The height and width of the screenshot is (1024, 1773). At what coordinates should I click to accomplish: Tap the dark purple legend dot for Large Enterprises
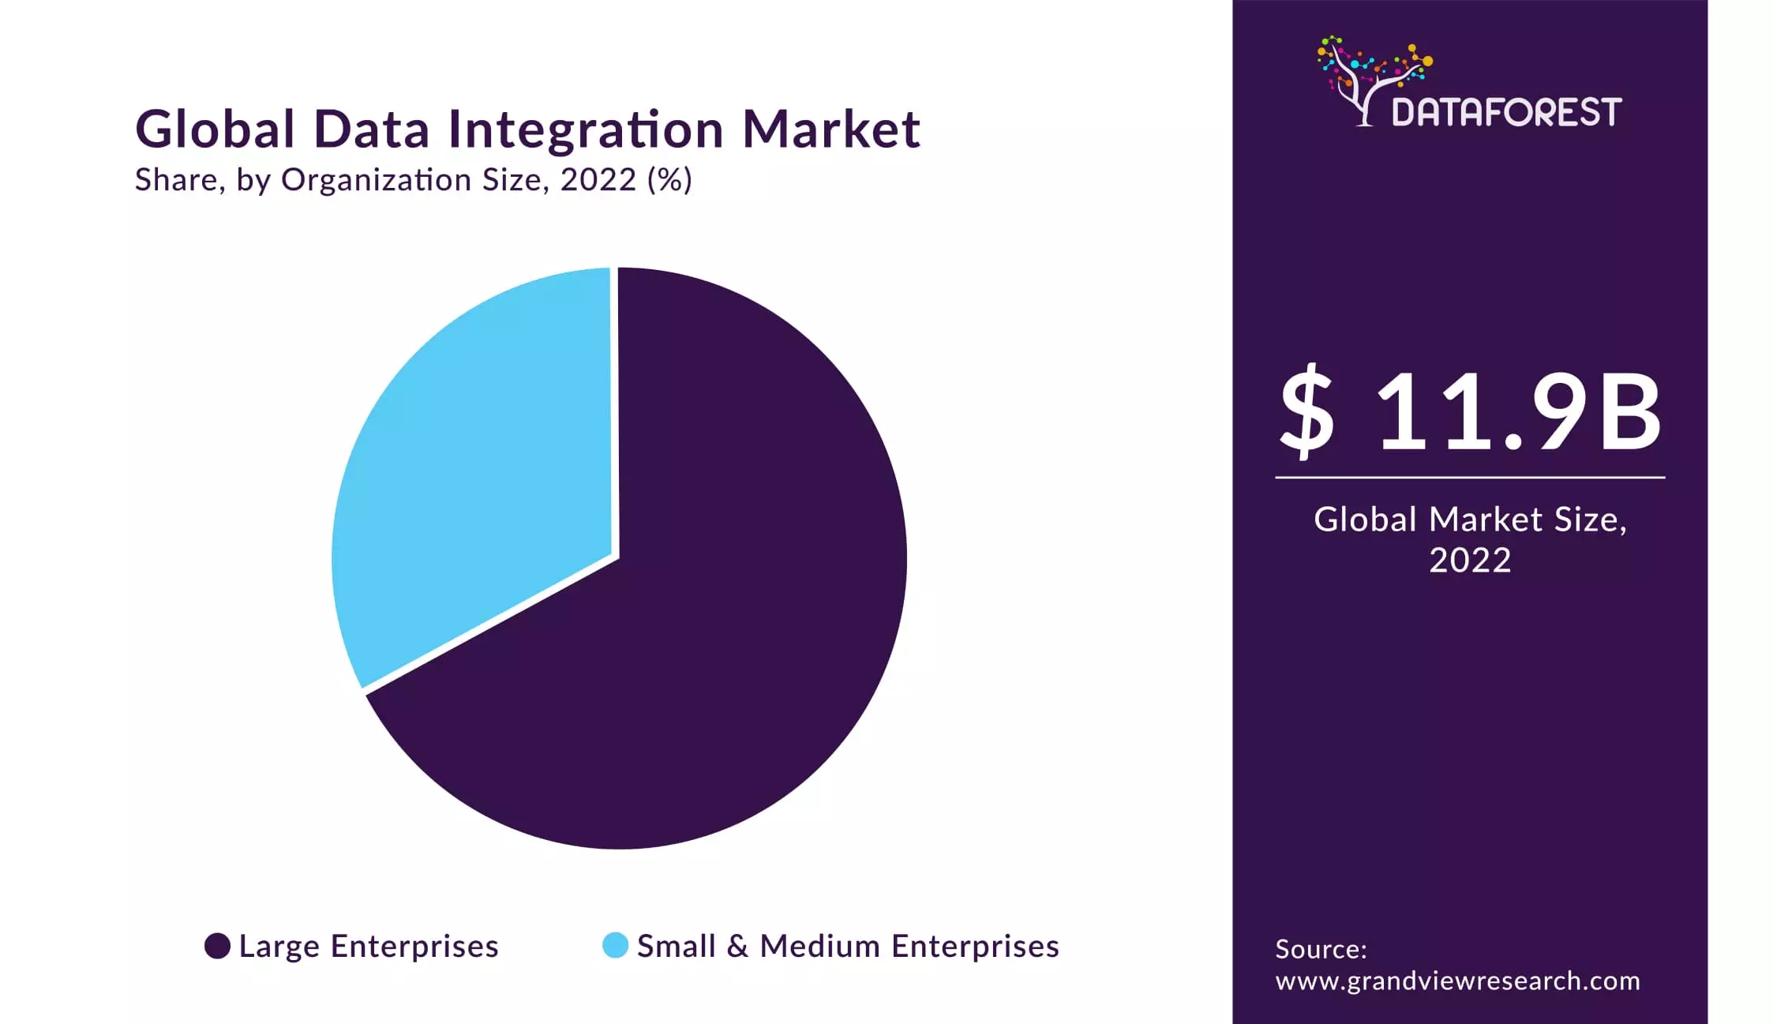point(217,945)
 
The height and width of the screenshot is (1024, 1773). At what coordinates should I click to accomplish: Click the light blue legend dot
point(615,945)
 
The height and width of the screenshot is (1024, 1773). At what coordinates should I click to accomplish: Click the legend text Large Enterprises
point(369,946)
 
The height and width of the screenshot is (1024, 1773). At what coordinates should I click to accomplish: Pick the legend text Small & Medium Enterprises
point(848,946)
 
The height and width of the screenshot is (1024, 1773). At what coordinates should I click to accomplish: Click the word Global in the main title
point(215,129)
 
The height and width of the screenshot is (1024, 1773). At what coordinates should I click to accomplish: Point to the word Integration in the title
point(586,130)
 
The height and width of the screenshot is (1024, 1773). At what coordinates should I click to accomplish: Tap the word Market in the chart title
point(831,129)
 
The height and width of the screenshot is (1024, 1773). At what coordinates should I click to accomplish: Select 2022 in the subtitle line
point(598,180)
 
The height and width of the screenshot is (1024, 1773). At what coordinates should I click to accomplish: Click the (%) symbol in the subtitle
point(669,180)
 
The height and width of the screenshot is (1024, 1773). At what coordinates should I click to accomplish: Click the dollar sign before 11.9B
point(1307,412)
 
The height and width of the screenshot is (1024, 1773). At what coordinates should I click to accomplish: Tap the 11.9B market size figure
point(1520,412)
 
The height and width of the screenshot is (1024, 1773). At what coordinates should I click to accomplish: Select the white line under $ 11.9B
point(1470,477)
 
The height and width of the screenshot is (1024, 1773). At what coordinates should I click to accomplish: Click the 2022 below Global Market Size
point(1470,561)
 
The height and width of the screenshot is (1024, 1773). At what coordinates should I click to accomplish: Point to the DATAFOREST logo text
point(1506,112)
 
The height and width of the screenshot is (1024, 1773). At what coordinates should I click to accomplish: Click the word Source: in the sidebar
point(1321,948)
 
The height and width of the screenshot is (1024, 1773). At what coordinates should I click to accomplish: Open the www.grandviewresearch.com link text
point(1457,981)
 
